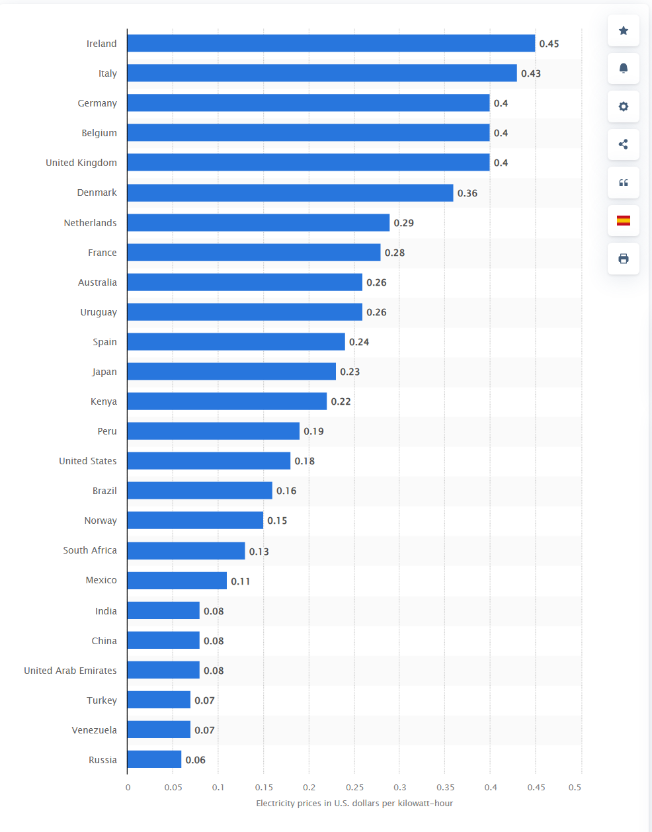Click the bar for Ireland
pyautogui.click(x=331, y=44)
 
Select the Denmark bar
pyautogui.click(x=290, y=192)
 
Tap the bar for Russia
pyautogui.click(x=154, y=759)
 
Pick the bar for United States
pyautogui.click(x=208, y=461)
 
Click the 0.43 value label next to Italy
pyautogui.click(x=530, y=73)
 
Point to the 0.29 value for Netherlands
pyautogui.click(x=403, y=223)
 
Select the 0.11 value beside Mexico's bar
pyautogui.click(x=240, y=581)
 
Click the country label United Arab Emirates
pyautogui.click(x=70, y=671)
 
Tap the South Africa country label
pyautogui.click(x=90, y=550)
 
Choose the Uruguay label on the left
pyautogui.click(x=99, y=312)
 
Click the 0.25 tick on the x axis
pyautogui.click(x=354, y=787)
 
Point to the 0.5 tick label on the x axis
pyautogui.click(x=575, y=787)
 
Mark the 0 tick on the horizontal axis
pyautogui.click(x=128, y=787)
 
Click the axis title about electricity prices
pyautogui.click(x=354, y=803)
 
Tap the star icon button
pyautogui.click(x=623, y=30)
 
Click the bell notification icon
pyautogui.click(x=623, y=68)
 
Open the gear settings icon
pyautogui.click(x=623, y=106)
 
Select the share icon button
pyautogui.click(x=623, y=144)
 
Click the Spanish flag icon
pyautogui.click(x=623, y=220)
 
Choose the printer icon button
pyautogui.click(x=623, y=259)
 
